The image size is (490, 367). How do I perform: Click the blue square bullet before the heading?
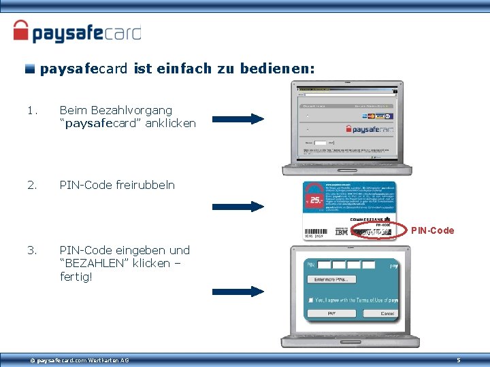(30, 69)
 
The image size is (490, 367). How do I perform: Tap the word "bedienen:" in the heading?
(284, 69)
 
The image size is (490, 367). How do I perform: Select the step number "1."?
(31, 110)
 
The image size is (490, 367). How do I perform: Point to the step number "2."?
(31, 185)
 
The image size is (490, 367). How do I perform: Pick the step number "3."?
(31, 250)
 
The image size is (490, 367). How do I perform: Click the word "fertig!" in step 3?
(76, 277)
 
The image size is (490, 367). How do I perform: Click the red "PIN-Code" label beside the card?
(432, 230)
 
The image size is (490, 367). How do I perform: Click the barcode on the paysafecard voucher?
(318, 232)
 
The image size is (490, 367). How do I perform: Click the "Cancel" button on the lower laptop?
(387, 313)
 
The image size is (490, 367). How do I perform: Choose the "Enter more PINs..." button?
(331, 279)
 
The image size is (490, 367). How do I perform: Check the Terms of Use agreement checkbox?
(310, 300)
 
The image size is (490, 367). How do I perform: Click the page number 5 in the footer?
(458, 360)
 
